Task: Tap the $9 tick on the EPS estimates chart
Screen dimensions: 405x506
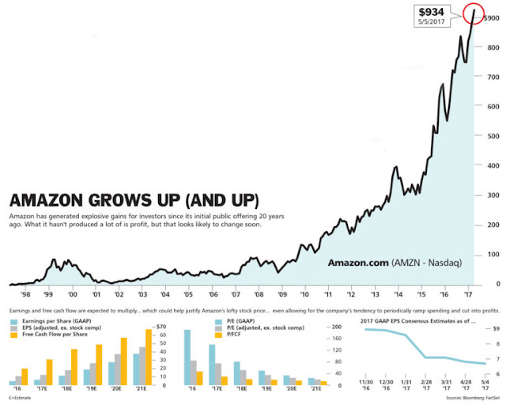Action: pyautogui.click(x=497, y=327)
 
